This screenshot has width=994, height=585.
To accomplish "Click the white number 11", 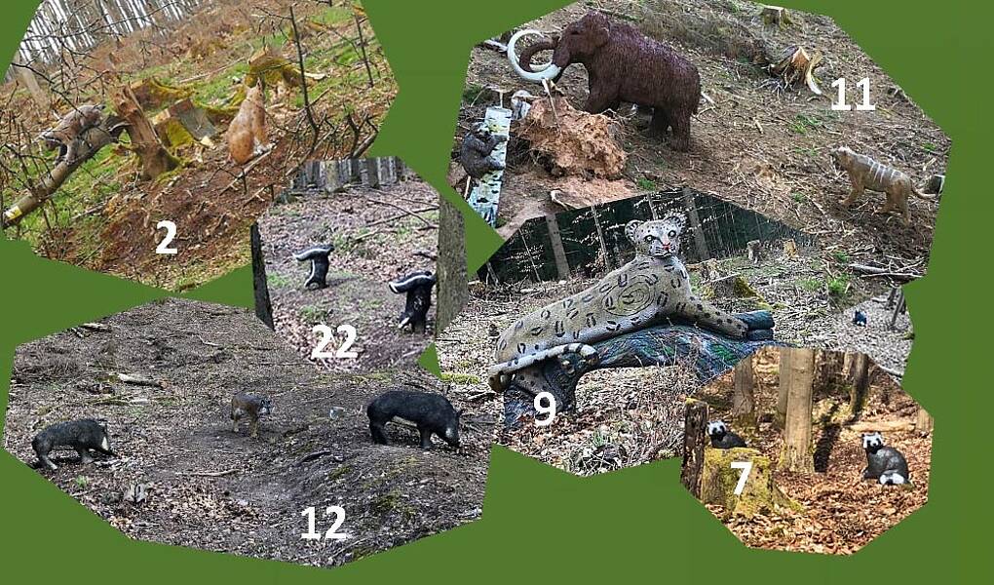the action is point(852,94).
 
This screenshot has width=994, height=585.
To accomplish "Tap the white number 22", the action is point(334,341).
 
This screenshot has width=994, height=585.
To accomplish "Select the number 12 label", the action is point(324,523).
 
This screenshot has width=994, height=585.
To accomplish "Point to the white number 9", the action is point(545,408).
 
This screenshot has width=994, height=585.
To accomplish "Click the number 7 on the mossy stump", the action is point(741,478).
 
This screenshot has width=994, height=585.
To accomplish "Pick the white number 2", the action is point(166,237).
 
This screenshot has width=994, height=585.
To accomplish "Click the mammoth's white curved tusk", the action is point(531,58).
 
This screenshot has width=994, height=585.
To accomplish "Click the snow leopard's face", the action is point(657,237).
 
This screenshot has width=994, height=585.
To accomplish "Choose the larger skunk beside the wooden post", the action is point(414,300).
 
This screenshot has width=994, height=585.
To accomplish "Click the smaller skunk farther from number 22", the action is point(315,264).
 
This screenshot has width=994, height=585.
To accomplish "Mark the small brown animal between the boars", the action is point(250,411).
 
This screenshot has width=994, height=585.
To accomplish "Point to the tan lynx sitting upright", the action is point(249,124).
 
